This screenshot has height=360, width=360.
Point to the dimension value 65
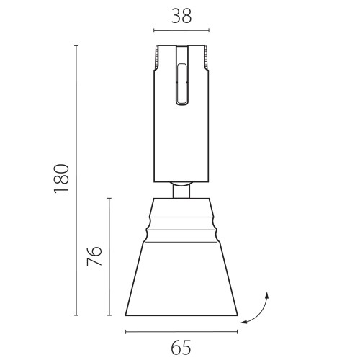coord(181,348)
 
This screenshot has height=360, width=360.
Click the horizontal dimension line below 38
coord(181,32)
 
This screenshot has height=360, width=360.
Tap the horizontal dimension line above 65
coord(181,332)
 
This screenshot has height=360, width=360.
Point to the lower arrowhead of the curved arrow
coord(246,323)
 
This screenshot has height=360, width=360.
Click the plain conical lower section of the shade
coord(181,281)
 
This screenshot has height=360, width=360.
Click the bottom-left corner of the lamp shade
coord(126,315)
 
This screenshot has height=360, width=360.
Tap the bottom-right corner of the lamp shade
coord(238,315)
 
